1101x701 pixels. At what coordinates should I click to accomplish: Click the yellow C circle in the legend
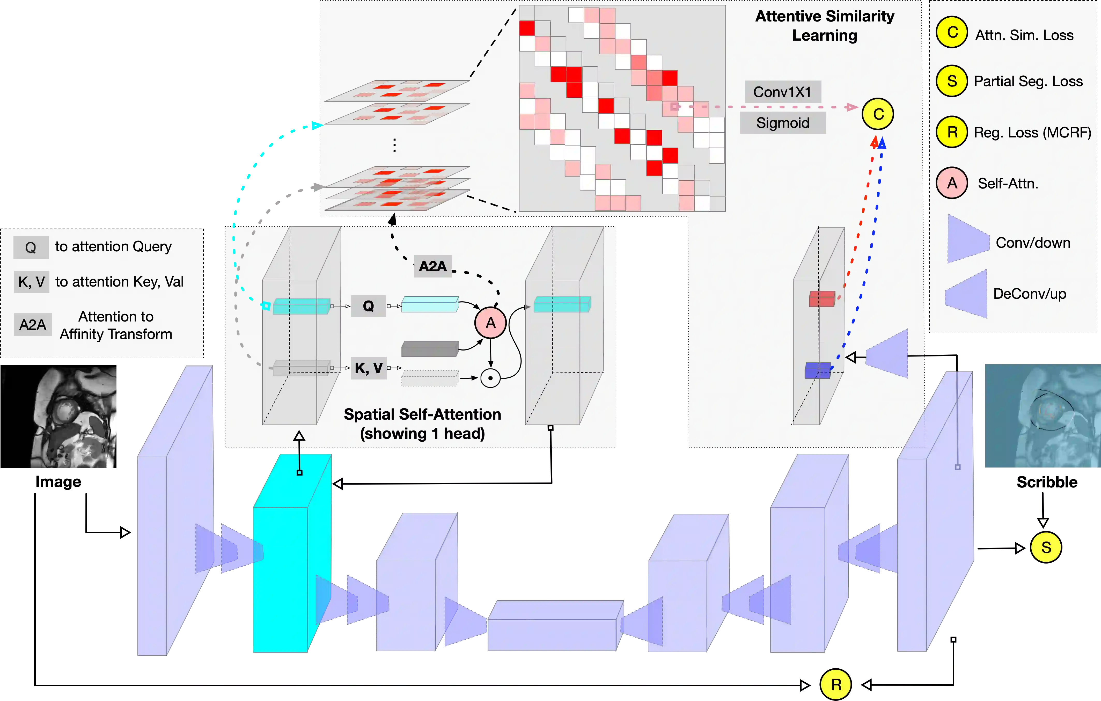click(952, 32)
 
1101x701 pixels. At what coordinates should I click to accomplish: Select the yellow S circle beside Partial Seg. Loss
click(952, 81)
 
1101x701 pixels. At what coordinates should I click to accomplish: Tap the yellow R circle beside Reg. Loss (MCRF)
click(952, 132)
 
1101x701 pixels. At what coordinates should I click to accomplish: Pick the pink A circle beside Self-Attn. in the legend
click(952, 183)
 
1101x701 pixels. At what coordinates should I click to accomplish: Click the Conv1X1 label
click(782, 92)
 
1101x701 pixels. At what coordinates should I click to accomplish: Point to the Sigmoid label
click(783, 123)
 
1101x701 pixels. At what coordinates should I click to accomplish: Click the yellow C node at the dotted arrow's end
click(878, 114)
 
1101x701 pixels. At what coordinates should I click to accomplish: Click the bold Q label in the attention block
click(369, 306)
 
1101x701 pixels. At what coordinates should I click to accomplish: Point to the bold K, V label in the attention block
click(369, 368)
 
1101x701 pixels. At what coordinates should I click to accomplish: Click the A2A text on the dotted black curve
click(432, 266)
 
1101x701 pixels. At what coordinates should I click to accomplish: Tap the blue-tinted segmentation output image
click(1041, 415)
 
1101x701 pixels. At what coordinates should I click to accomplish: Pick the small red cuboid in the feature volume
click(822, 299)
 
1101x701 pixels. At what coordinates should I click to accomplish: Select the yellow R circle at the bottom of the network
click(836, 684)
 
